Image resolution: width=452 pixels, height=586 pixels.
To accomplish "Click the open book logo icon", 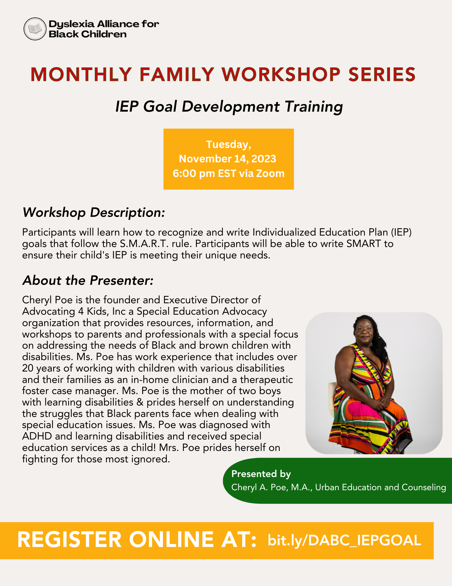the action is [35, 29].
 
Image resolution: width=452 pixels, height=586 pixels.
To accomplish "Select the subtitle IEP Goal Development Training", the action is [229, 106].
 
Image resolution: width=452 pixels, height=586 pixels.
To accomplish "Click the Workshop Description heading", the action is [94, 212].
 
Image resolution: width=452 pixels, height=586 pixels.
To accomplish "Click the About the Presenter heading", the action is [88, 280].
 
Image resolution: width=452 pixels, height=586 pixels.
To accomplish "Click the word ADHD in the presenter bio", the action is [37, 436].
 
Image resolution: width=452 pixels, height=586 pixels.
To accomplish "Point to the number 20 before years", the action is [28, 368].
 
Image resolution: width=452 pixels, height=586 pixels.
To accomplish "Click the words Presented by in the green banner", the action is [261, 474].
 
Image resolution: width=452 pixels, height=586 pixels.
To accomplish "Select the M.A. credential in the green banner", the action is [302, 487].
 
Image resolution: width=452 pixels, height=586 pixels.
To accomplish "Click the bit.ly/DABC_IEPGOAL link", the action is [344, 540].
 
